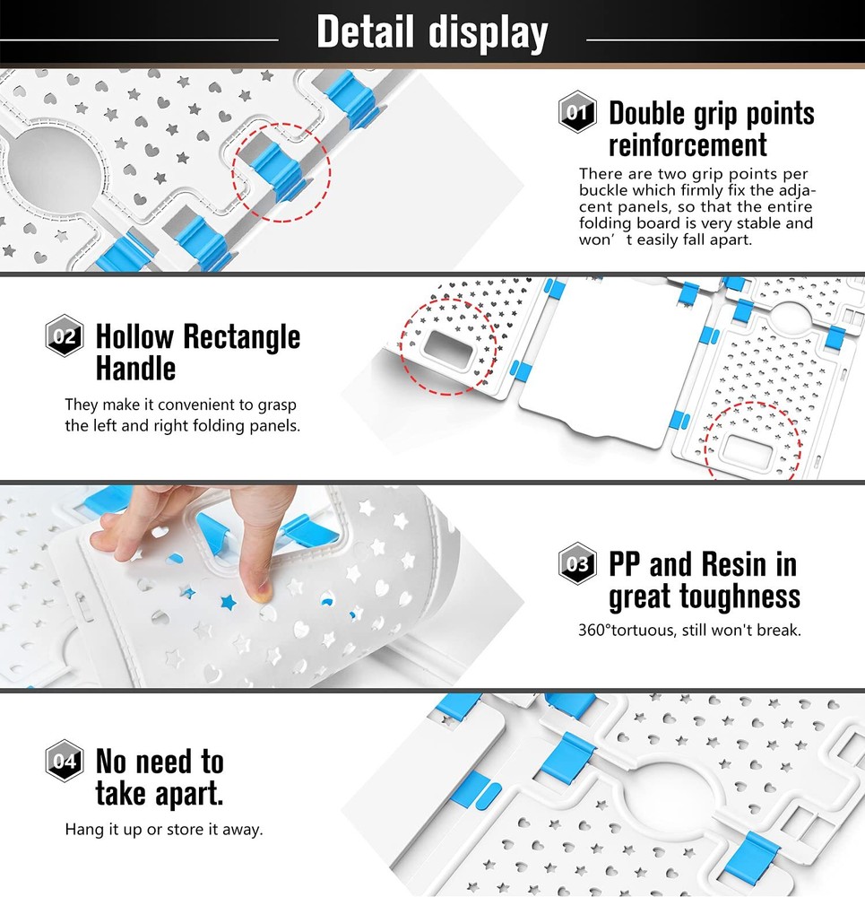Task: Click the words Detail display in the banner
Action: (x=432, y=32)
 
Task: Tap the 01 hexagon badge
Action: (x=577, y=112)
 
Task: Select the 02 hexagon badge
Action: (x=64, y=335)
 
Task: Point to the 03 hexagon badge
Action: (x=577, y=563)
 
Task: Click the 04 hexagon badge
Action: (x=64, y=761)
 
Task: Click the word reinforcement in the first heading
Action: (x=688, y=144)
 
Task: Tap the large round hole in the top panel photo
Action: (x=55, y=171)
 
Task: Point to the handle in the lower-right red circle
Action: (x=748, y=450)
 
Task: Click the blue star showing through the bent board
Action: (x=229, y=602)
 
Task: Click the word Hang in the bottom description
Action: (x=82, y=830)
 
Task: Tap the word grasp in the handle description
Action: (x=277, y=405)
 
